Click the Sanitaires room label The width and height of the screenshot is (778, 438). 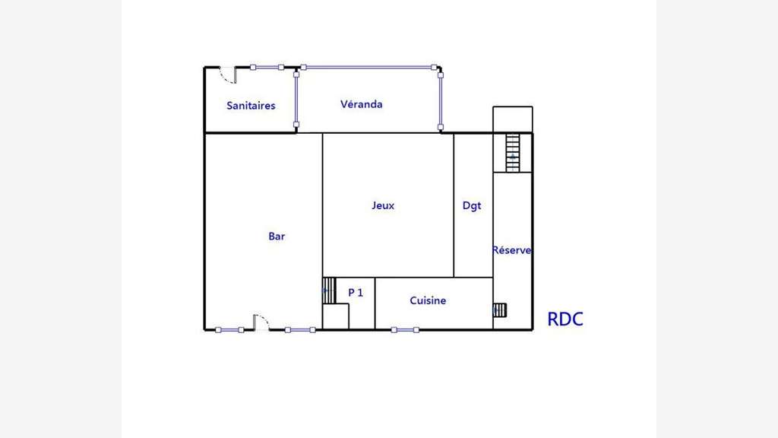(x=251, y=105)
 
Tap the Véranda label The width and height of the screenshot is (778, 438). (x=361, y=104)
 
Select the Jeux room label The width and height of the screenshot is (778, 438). (x=383, y=205)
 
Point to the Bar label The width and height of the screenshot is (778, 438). (x=277, y=236)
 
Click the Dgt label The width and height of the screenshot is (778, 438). (x=472, y=205)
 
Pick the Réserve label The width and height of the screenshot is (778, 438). (x=511, y=249)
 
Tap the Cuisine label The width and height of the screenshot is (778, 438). (x=428, y=300)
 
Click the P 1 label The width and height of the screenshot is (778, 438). (x=356, y=293)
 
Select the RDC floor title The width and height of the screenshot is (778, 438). (x=565, y=319)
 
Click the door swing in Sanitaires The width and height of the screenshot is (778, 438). (x=229, y=76)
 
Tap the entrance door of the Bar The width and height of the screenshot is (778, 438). (x=261, y=322)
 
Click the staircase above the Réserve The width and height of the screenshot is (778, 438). (x=513, y=152)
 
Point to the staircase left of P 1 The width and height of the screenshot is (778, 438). (x=329, y=290)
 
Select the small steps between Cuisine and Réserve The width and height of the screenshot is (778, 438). (x=500, y=310)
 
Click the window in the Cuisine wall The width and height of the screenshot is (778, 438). (x=405, y=330)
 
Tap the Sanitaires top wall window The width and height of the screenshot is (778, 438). (x=267, y=67)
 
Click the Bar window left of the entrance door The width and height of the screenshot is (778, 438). (x=229, y=330)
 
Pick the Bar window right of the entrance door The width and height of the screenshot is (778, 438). (x=300, y=330)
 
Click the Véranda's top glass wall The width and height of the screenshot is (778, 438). (x=368, y=67)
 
